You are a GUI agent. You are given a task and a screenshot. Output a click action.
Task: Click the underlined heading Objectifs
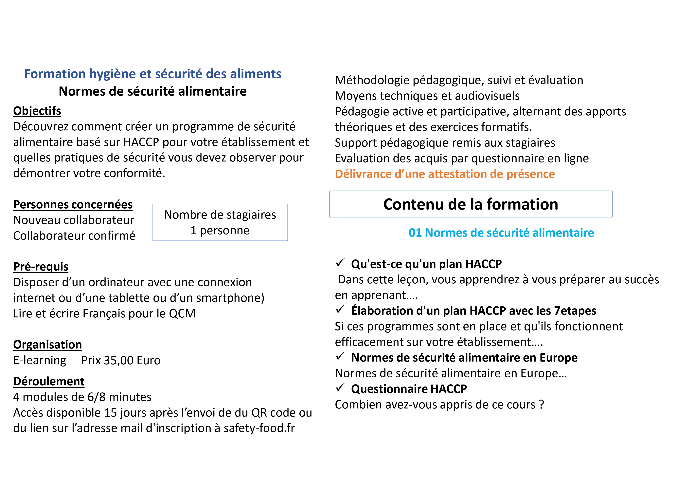pos(37,111)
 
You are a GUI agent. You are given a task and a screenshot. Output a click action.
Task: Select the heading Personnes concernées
pos(73,204)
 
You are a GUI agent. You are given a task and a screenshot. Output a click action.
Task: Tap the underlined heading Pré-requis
pos(41,267)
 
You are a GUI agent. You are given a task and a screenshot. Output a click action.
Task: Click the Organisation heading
pos(47,345)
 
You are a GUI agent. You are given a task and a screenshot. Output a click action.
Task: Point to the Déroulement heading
pos(49,382)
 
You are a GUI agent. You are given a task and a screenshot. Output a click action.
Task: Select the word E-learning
pos(40,360)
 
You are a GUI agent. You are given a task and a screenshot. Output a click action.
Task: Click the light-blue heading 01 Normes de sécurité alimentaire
pos(501,233)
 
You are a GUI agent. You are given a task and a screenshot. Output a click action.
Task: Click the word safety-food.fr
pos(259,428)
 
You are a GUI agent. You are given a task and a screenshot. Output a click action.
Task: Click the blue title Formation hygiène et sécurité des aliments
pos(153,74)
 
